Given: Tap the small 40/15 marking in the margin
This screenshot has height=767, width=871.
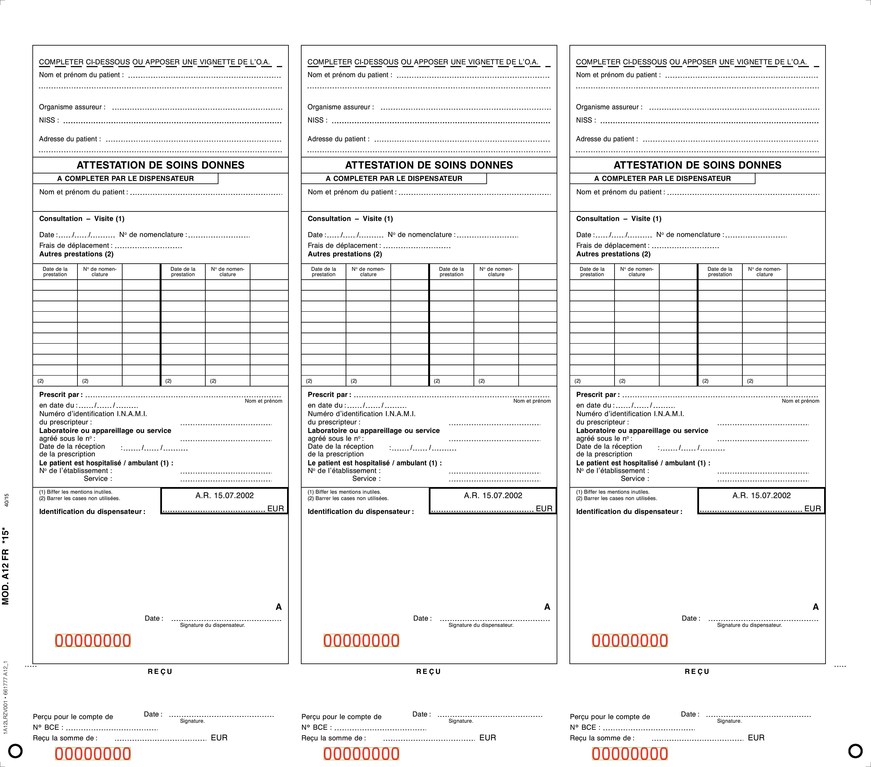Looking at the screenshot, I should (6, 500).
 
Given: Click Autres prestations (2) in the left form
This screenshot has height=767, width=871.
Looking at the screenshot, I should (76, 254).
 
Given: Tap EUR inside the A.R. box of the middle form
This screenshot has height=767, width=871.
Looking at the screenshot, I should (544, 508).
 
